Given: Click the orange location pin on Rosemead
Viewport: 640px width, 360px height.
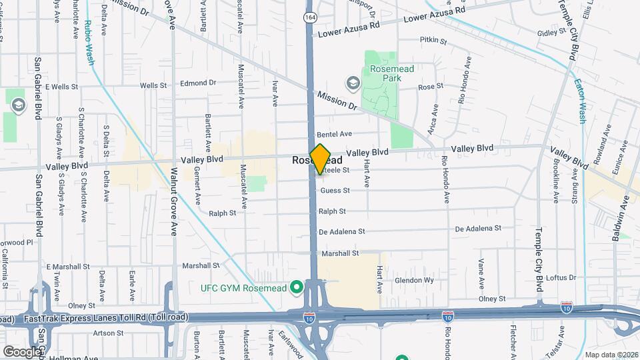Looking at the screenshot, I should coord(321,159).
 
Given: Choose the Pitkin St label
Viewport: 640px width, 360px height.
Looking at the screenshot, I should coord(433,41).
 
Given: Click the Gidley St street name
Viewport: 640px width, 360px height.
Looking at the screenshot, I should coord(551,32).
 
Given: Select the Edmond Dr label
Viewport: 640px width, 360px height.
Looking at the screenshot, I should coord(199,83).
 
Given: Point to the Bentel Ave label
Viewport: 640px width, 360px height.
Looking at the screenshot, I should coord(334,134).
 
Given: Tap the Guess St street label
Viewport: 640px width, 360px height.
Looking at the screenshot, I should coord(335,191).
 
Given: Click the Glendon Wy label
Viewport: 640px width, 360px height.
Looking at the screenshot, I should coord(414,281).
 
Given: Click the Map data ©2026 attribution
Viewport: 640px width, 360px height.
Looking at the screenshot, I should coord(611,355).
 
